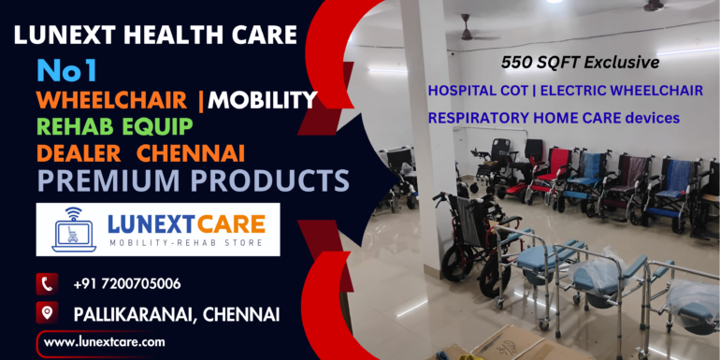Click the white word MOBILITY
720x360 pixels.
tap(263, 99)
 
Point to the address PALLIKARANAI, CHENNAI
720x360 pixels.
tap(176, 313)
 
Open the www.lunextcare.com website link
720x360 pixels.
tap(105, 342)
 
